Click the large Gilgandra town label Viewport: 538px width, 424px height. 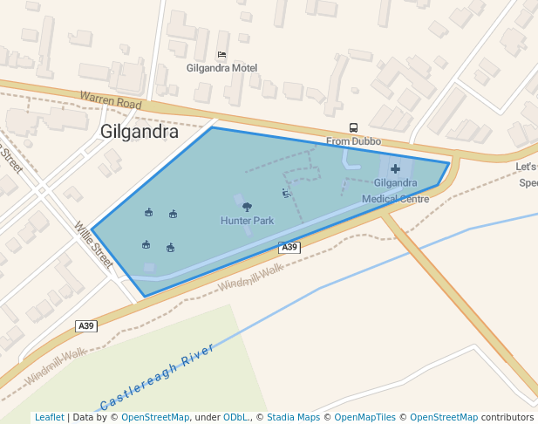point(140,133)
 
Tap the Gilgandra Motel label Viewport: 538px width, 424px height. point(221,68)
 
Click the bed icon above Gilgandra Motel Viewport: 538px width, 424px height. point(221,55)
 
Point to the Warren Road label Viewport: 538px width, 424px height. point(110,102)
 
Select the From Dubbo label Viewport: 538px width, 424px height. point(353,141)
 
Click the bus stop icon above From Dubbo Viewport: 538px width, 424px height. point(353,128)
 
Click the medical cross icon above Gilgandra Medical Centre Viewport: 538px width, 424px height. point(395,168)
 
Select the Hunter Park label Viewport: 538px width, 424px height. point(247,221)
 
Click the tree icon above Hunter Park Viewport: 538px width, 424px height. point(247,207)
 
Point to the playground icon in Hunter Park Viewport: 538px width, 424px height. point(285,193)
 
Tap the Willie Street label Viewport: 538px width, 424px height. point(93,244)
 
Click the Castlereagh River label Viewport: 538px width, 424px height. point(157,378)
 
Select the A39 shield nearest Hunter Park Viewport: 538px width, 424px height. point(289,248)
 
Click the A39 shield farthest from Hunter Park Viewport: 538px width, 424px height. point(85,325)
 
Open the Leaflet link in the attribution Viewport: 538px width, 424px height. point(49,417)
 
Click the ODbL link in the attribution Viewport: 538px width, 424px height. point(235,417)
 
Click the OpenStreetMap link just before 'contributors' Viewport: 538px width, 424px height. point(443,417)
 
